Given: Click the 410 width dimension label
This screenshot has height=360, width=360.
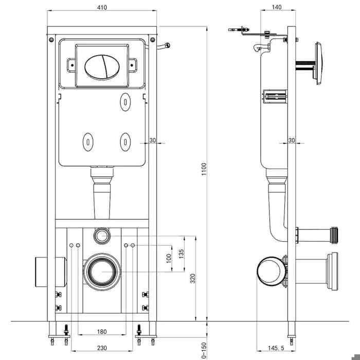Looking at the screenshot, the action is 102,7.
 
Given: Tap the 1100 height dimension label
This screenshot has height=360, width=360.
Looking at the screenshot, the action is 204,169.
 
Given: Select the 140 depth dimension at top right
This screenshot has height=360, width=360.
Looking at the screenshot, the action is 277,7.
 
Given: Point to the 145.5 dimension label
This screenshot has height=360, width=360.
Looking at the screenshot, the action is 276,348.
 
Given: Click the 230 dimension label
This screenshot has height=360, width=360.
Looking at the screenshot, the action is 102,348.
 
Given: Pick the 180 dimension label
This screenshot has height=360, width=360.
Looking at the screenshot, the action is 102,332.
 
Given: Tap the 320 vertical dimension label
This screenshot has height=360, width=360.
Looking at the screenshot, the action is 193,278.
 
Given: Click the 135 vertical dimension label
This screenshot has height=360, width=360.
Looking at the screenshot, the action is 181,254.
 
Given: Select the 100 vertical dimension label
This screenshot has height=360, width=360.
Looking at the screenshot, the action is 169,259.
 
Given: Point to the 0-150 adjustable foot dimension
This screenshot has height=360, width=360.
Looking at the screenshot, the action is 204,350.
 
